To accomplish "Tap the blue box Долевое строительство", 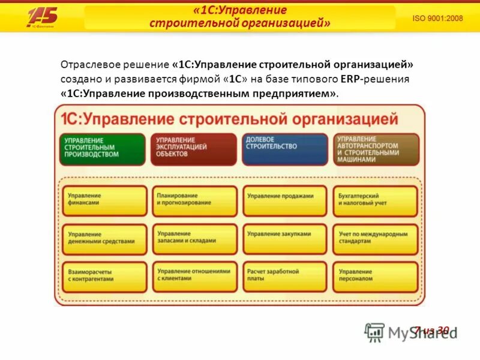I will [x=284, y=149].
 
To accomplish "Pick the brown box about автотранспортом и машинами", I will [x=376, y=149].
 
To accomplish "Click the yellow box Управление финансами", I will [x=104, y=200].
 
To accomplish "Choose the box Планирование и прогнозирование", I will [x=194, y=200].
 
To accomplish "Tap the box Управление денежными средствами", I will [x=104, y=238].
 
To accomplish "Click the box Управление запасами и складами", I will [x=194, y=238].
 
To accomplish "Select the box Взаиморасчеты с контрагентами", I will [x=104, y=277].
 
